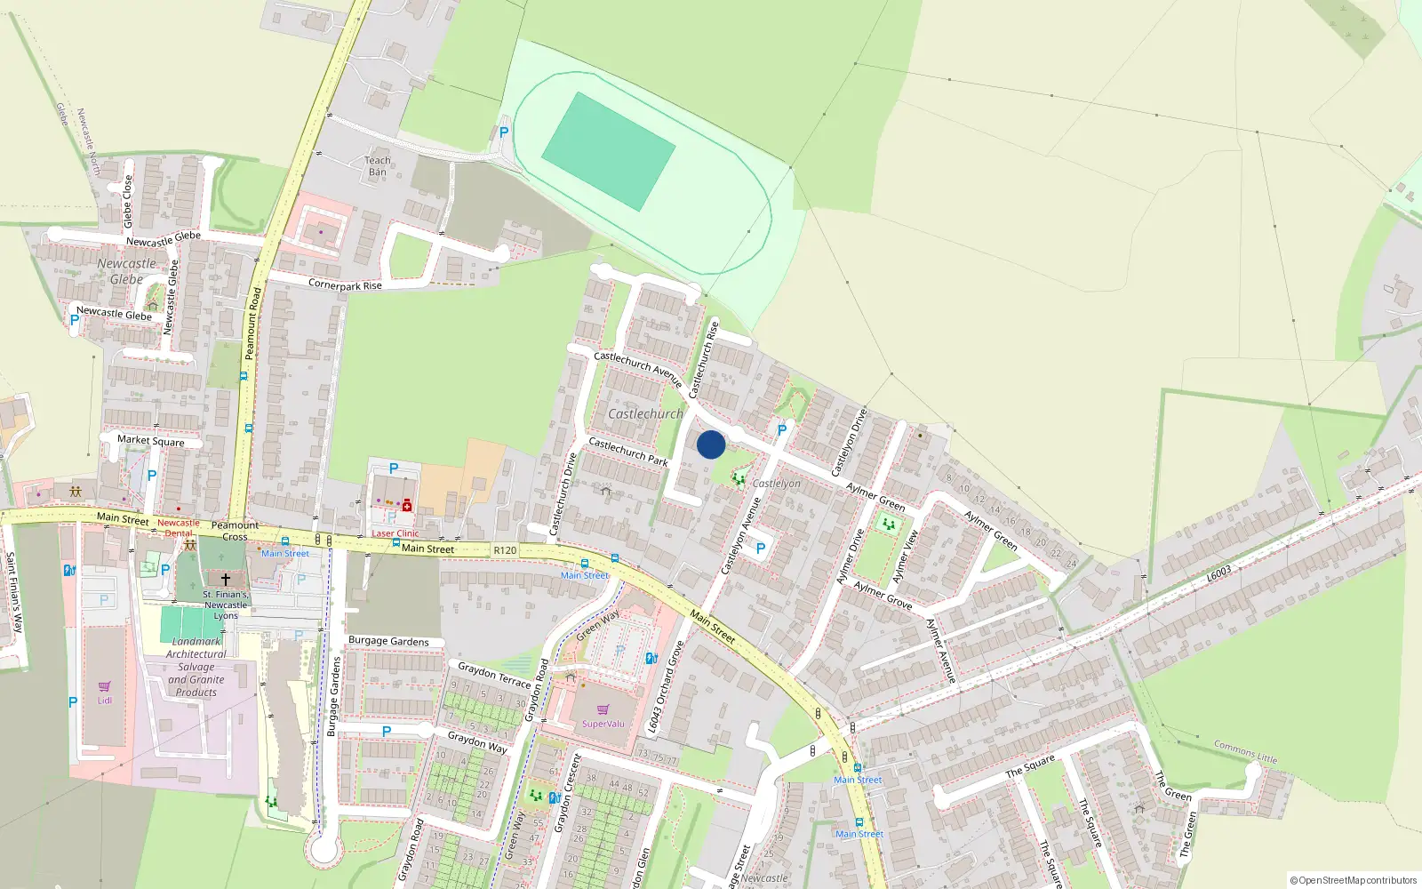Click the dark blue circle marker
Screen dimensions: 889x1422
click(x=711, y=444)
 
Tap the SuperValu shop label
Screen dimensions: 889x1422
click(x=603, y=724)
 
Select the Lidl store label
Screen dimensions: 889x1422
click(x=105, y=700)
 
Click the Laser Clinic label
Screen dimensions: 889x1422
click(x=395, y=533)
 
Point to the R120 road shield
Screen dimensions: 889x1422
click(x=505, y=550)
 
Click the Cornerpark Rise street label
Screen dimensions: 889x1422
click(x=345, y=285)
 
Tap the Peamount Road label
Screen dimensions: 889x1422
click(x=252, y=323)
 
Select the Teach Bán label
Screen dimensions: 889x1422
click(x=378, y=166)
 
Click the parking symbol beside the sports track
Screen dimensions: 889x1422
click(x=504, y=132)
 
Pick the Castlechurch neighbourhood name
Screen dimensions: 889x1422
click(x=645, y=413)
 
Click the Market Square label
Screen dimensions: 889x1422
click(x=151, y=441)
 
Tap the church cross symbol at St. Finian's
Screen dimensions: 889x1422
click(x=226, y=579)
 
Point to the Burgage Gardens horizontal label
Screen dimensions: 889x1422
click(x=388, y=641)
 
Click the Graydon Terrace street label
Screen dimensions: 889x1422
click(x=494, y=674)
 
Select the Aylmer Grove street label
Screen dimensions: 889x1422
click(x=883, y=595)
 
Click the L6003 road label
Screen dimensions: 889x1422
click(x=1218, y=574)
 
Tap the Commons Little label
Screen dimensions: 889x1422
click(x=1245, y=752)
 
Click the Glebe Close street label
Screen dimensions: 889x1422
click(x=127, y=200)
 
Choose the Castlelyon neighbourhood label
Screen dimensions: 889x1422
click(x=776, y=484)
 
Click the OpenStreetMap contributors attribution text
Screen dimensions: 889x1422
click(x=1354, y=880)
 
